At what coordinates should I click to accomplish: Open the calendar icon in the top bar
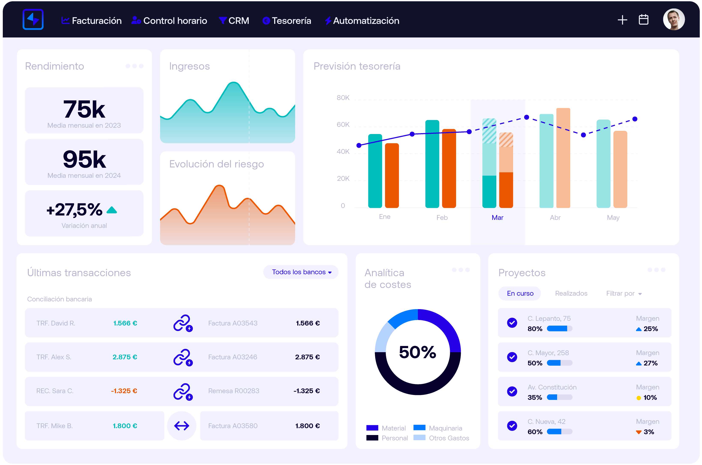click(x=643, y=20)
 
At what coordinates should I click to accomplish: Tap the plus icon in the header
click(x=622, y=20)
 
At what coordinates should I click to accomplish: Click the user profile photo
click(x=674, y=19)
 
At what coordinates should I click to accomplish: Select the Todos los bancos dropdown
click(x=301, y=272)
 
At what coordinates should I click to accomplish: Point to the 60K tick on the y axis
click(x=343, y=125)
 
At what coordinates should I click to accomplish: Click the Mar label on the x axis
click(x=497, y=218)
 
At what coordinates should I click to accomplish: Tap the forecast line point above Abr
click(x=583, y=135)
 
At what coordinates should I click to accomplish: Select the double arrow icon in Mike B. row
click(x=182, y=426)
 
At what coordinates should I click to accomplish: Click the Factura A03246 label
click(x=232, y=357)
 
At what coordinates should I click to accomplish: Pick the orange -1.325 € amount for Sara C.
click(x=124, y=391)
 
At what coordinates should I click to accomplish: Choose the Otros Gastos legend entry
click(x=449, y=438)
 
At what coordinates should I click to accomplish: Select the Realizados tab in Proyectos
click(x=571, y=293)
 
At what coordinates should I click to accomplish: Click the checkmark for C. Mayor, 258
click(x=512, y=357)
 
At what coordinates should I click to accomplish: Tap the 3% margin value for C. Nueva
click(x=649, y=432)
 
